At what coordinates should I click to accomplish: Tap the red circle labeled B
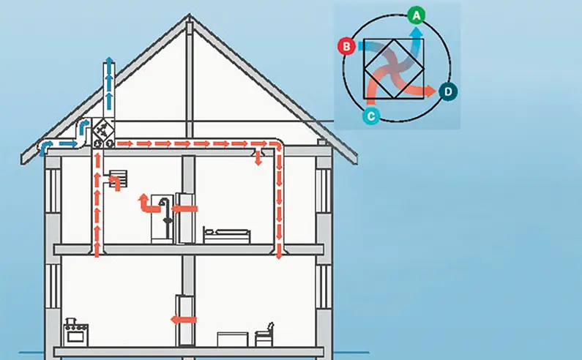click(x=346, y=48)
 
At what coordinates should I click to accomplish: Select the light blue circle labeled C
click(x=371, y=115)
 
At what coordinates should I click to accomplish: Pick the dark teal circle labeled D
click(x=449, y=91)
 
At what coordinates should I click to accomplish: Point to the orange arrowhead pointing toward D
click(x=431, y=91)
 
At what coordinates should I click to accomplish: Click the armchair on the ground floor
click(x=264, y=334)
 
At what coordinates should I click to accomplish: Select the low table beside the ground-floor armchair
click(x=234, y=338)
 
